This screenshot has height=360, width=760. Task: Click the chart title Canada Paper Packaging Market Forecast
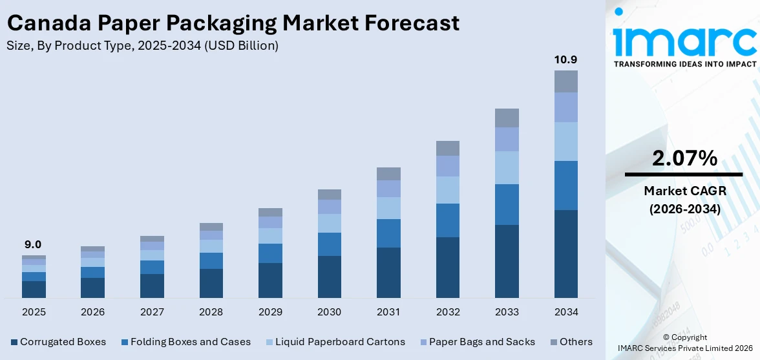point(233,23)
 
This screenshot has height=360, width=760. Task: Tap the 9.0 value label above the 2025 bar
point(33,244)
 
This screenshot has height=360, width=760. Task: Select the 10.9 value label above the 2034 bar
point(566,59)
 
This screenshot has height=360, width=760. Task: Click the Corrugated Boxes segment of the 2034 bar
point(566,253)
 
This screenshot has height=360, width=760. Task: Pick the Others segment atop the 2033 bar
point(507,118)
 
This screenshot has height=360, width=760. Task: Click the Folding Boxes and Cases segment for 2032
point(447,220)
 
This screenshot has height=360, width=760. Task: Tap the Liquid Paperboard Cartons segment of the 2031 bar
point(388,208)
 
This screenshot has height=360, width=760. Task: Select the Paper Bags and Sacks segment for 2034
point(566,107)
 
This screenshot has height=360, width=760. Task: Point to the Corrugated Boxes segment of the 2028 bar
point(211,283)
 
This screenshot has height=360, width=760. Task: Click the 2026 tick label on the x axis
point(92,312)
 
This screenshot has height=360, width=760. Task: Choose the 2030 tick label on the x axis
point(329,312)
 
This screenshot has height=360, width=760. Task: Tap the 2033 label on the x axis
point(507,312)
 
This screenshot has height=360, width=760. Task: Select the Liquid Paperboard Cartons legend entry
point(335,342)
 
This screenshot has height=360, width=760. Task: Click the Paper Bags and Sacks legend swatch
point(423,342)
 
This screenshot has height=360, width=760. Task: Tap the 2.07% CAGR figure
point(684,158)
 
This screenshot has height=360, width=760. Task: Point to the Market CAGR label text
point(684,191)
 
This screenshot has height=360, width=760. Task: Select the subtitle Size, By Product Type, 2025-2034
point(143,45)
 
